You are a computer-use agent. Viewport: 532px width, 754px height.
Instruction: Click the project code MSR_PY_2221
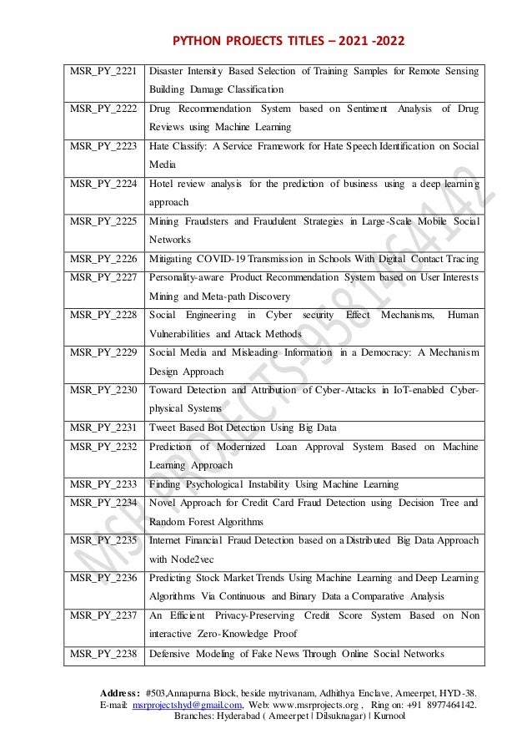click(103, 72)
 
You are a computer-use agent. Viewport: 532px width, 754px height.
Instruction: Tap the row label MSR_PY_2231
click(103, 428)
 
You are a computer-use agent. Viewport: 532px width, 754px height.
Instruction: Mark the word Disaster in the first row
click(168, 72)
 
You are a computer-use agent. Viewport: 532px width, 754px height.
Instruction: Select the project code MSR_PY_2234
click(103, 503)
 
